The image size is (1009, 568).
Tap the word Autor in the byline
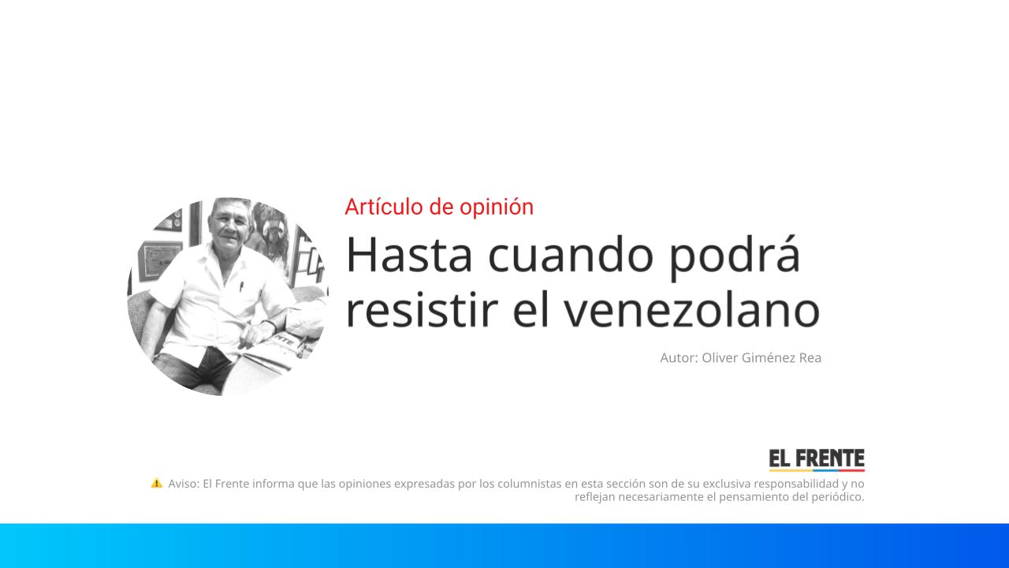pyautogui.click(x=678, y=358)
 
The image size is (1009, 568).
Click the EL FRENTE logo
pyautogui.click(x=817, y=459)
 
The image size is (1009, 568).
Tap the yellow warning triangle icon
pyautogui.click(x=156, y=483)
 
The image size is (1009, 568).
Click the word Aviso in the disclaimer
pyautogui.click(x=183, y=484)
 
